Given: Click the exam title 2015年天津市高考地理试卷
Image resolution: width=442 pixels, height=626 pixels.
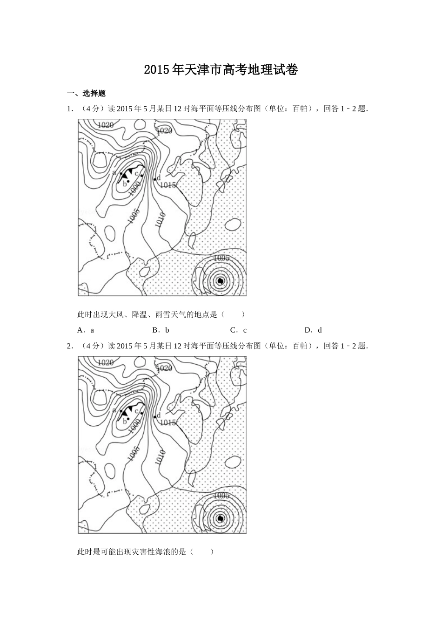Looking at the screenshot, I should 221,70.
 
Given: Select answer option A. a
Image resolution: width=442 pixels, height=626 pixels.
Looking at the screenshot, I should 86,330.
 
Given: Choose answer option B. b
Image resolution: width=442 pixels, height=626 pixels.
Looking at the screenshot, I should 161,330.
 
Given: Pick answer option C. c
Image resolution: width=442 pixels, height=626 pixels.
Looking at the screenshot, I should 239,330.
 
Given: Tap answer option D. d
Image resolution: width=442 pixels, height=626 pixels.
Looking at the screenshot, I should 313,330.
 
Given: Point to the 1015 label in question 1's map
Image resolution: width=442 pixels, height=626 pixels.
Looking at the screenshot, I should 167,185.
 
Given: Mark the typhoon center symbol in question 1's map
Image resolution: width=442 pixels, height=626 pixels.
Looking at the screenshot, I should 221,281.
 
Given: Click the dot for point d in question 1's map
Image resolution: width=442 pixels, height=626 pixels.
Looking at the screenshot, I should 154,179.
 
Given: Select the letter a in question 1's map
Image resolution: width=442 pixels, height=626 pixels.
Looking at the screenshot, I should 114,173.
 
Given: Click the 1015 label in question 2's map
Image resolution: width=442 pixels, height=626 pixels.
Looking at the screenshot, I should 167,422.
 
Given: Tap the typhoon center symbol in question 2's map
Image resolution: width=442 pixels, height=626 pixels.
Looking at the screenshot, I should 221,518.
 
